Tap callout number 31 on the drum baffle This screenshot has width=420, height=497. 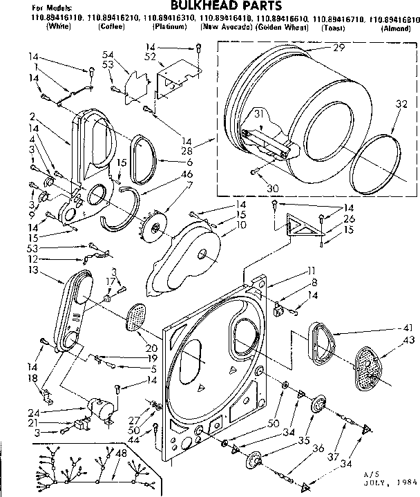(x=240, y=114)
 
